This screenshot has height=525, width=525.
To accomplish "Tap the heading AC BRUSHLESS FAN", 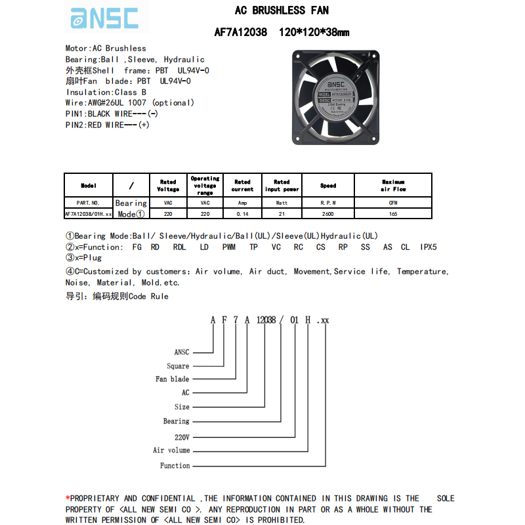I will coord(282,10).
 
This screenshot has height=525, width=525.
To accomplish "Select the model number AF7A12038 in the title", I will coord(241,31).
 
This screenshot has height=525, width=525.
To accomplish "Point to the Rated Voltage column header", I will coord(168,186).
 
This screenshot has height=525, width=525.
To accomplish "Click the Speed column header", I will coord(328,186).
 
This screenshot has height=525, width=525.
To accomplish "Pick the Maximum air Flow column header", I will coord(393,186).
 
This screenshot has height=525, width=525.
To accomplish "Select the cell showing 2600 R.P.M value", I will coord(328,214).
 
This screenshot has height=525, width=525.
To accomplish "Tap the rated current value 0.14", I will coord(242,214).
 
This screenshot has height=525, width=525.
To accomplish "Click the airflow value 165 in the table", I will coord(393,214).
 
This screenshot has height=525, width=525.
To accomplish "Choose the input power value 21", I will coord(282,214).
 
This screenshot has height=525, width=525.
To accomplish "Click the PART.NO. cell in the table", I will coord(88,203).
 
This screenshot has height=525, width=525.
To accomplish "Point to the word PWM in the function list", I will coord(228,247).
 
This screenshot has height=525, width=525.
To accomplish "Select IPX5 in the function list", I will coord(428,247).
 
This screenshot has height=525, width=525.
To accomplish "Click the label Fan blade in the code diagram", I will coord(172,379).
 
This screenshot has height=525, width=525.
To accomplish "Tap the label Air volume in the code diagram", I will coord(171,450).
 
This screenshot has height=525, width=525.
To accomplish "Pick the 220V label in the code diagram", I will coord(182,436).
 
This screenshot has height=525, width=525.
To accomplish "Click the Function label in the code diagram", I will coord(175,465).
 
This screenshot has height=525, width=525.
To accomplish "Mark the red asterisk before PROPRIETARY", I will coord(68,498).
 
